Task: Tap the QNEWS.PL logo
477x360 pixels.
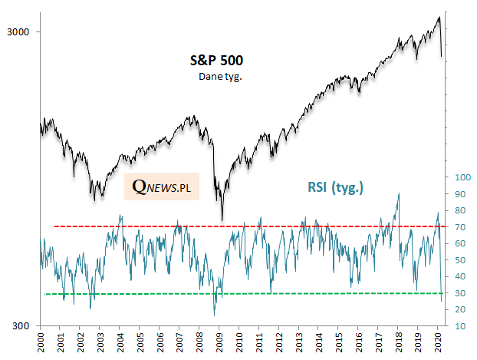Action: pyautogui.click(x=161, y=187)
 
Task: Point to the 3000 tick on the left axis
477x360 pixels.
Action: pyautogui.click(x=18, y=32)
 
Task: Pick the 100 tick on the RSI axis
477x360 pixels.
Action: pyautogui.click(x=462, y=177)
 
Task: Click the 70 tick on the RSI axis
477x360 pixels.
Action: pyautogui.click(x=459, y=226)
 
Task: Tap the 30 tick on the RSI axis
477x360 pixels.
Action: pyautogui.click(x=459, y=292)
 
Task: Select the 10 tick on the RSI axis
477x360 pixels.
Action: pyautogui.click(x=459, y=325)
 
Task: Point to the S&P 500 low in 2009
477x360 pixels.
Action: pyautogui.click(x=222, y=220)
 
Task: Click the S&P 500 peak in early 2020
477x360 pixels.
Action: pyautogui.click(x=439, y=17)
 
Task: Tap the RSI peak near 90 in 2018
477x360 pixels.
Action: pyautogui.click(x=399, y=194)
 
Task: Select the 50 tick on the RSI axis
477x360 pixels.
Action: pyautogui.click(x=459, y=259)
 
